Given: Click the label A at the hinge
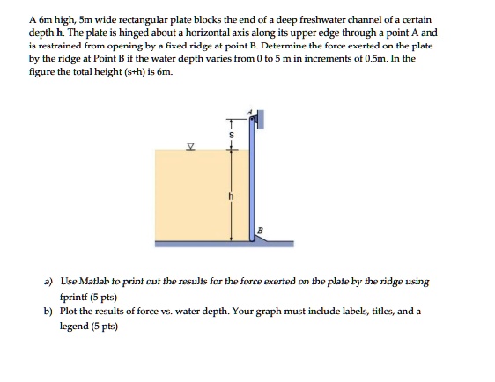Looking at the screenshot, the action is coord(249,112).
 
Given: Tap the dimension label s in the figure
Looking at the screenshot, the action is coord(231,135).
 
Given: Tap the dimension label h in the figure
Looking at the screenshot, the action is coord(231,195).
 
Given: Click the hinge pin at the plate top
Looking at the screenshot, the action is coord(254,117).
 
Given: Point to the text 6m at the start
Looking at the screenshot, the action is coord(47,19).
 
